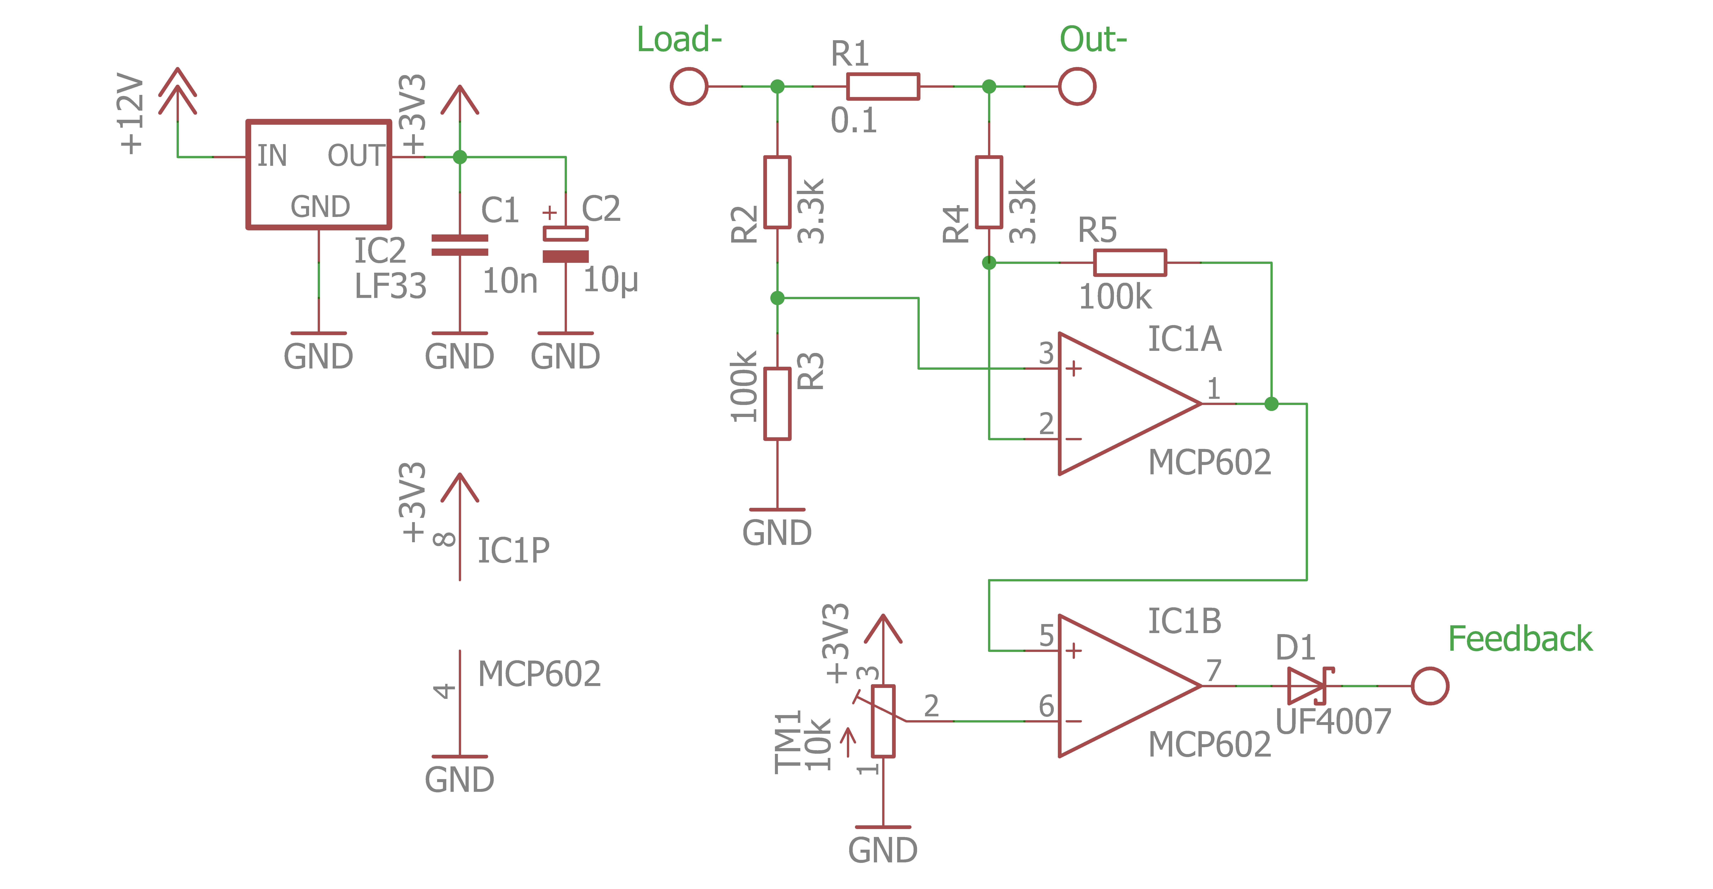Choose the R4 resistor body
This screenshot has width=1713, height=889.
click(x=989, y=192)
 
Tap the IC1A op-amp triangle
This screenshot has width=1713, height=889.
click(x=1117, y=404)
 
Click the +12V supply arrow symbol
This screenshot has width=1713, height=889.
click(x=178, y=93)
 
